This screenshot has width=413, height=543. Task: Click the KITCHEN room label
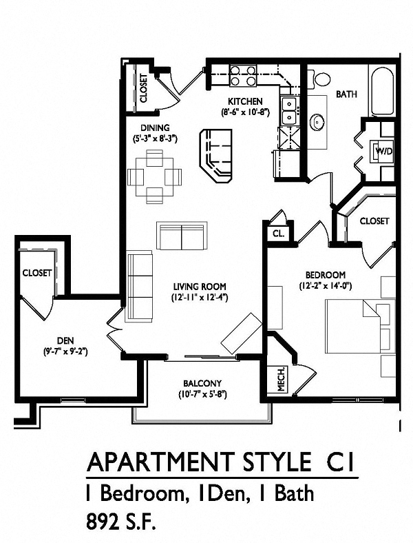(245, 101)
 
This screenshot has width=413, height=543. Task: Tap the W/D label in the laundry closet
(384, 151)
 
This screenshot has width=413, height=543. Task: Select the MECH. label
(282, 379)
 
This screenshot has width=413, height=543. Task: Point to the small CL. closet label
(279, 234)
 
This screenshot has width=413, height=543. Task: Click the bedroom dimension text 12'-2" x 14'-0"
(325, 287)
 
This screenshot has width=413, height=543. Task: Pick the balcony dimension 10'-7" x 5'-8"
(202, 394)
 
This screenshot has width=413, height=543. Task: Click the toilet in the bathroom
(321, 79)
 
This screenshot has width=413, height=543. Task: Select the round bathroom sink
(317, 122)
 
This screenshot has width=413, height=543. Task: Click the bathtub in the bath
(382, 92)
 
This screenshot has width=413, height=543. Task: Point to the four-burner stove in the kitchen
(242, 75)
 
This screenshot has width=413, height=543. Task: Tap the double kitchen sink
(289, 111)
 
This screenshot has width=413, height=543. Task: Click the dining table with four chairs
(155, 176)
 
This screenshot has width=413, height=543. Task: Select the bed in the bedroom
(360, 326)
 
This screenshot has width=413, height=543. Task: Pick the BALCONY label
(202, 383)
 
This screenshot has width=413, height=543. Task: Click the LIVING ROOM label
(200, 287)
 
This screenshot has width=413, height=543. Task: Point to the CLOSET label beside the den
(37, 273)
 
